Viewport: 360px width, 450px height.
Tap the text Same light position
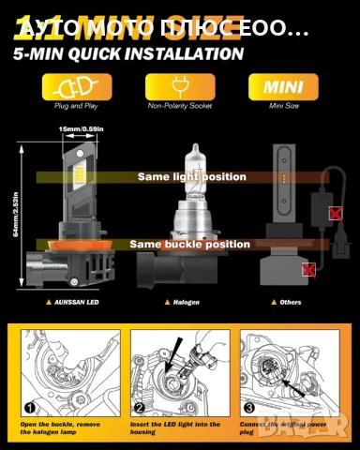[191, 176]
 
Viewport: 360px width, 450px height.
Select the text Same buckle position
[190, 244]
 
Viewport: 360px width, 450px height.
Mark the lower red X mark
[308, 270]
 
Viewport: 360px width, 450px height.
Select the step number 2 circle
[138, 409]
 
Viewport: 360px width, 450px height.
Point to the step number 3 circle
[248, 409]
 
